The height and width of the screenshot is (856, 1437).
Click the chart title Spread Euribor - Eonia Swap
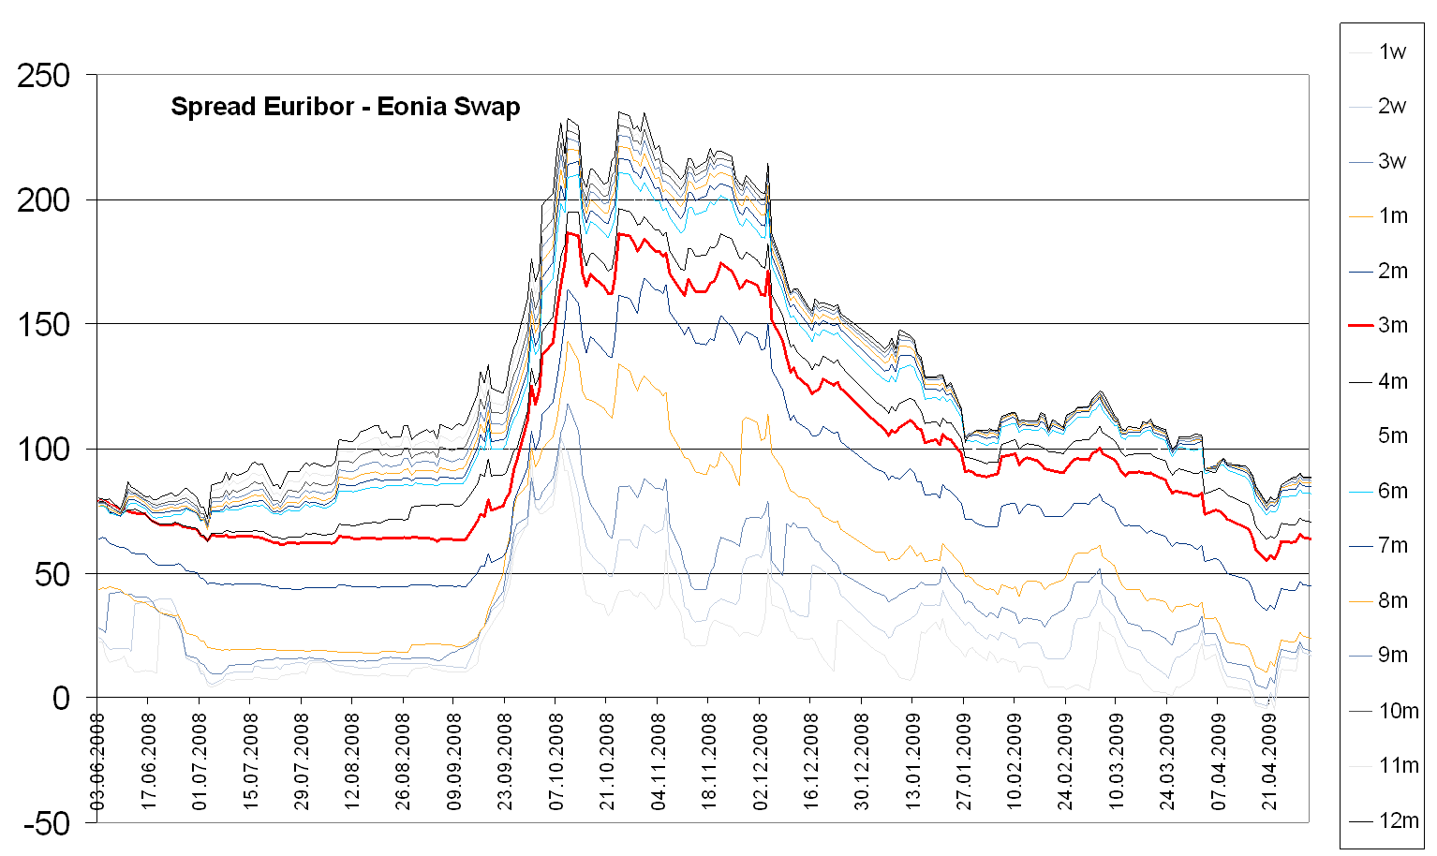click(345, 107)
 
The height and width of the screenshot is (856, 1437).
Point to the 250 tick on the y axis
click(43, 76)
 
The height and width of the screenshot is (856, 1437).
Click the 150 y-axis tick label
click(43, 325)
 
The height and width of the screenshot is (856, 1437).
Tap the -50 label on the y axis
click(47, 824)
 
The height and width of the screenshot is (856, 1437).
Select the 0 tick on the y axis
click(62, 699)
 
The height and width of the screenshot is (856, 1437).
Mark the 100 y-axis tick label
click(43, 450)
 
